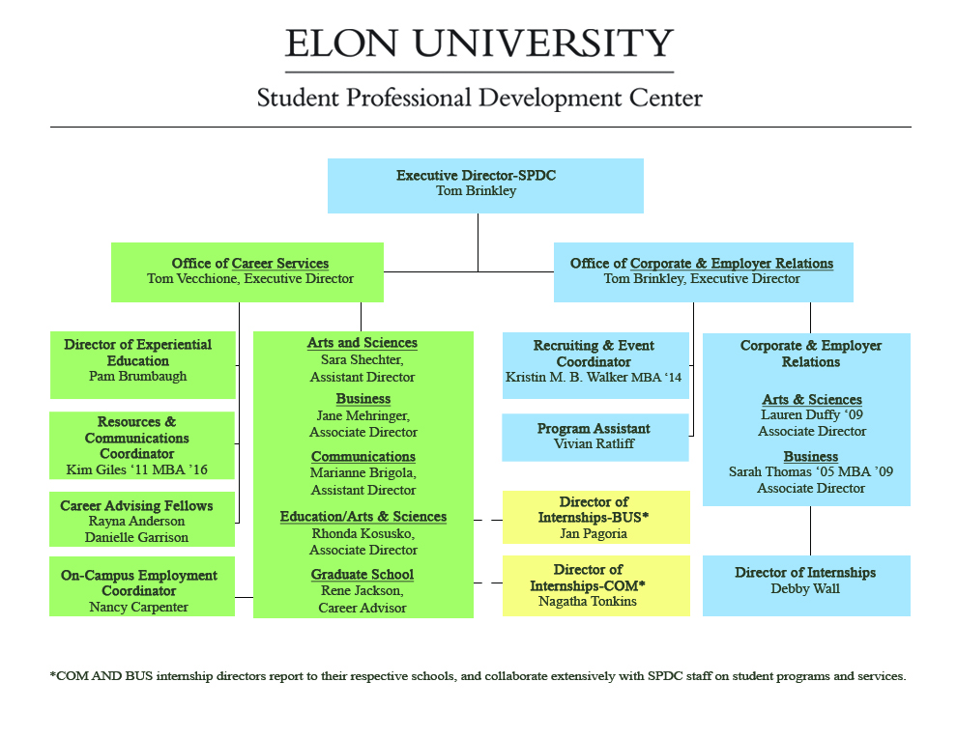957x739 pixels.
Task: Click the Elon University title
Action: point(478,44)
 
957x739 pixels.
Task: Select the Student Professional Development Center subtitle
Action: point(479,99)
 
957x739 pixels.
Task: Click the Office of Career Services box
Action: point(247,271)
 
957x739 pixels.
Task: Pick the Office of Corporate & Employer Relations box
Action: point(703,271)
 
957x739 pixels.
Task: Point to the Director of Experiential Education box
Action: point(143,365)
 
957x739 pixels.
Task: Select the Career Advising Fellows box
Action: point(142,521)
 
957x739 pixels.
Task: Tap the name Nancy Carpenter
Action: point(138,608)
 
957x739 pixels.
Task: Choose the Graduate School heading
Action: point(362,575)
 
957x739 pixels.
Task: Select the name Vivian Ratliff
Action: point(594,444)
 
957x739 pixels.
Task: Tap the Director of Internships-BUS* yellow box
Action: point(595,517)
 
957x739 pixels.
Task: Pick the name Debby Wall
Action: point(805,589)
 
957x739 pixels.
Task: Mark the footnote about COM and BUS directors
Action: point(478,676)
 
